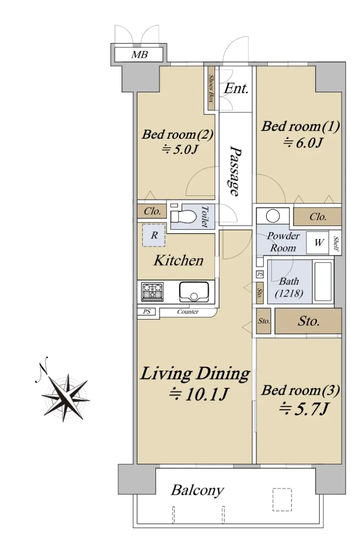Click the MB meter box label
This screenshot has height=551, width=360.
coord(139,54)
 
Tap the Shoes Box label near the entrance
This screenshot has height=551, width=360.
coord(211,88)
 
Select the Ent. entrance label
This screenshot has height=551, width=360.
coord(236,88)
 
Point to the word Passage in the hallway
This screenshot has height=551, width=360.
coord(235,171)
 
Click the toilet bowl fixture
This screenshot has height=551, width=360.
coord(183,216)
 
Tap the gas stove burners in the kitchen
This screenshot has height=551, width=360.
coord(152,292)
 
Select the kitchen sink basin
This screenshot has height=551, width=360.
coord(194,292)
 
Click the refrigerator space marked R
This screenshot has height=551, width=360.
coord(154,235)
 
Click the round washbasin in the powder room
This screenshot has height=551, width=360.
coord(273,216)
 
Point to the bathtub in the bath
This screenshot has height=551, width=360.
coord(323,281)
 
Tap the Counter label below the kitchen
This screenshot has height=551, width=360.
coord(188,312)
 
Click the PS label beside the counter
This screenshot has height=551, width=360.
coord(146,312)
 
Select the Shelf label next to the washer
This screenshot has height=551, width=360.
coord(336,243)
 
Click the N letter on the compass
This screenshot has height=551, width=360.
coord(44,368)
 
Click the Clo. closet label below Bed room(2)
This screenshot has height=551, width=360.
coord(152,211)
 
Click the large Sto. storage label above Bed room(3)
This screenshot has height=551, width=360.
coord(308,321)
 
